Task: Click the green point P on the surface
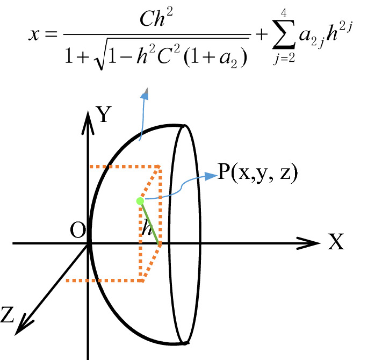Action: [139, 201]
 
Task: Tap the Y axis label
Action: [104, 114]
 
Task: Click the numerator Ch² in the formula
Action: [156, 23]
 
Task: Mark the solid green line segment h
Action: [150, 223]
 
